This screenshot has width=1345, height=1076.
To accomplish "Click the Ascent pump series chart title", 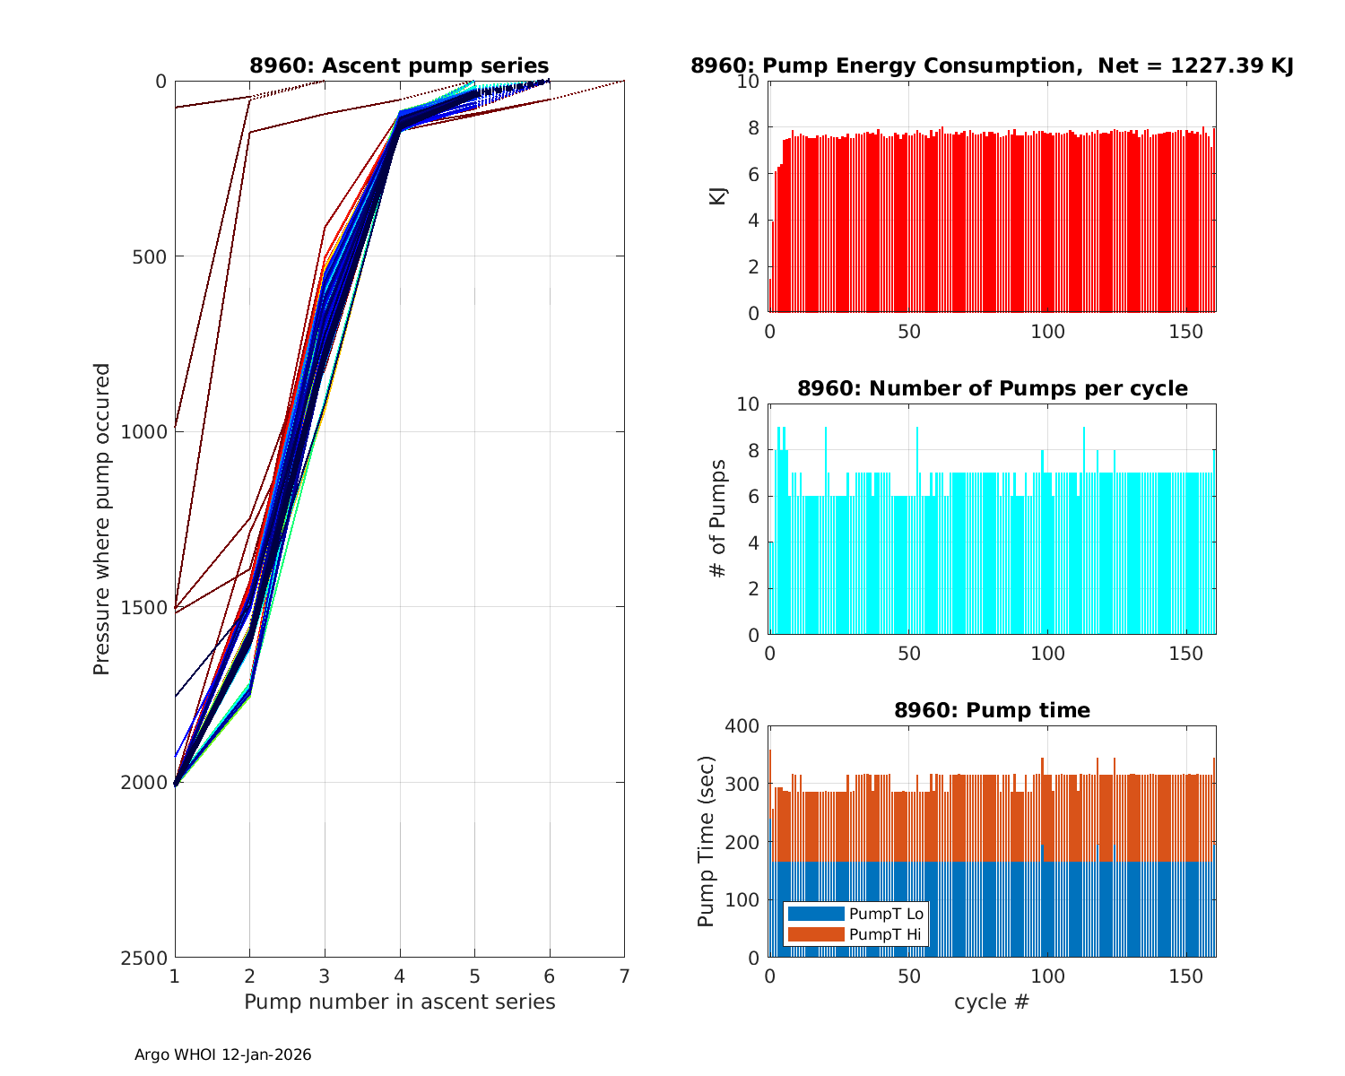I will click(399, 65).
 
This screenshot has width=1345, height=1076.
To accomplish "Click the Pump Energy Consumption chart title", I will click(992, 65).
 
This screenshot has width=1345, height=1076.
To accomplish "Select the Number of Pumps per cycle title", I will click(992, 388).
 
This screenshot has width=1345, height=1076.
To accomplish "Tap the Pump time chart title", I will click(992, 710).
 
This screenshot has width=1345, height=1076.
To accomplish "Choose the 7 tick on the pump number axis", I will click(624, 976).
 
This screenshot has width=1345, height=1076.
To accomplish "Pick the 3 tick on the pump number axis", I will click(325, 976).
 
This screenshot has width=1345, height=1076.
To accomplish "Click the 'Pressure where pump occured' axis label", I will click(101, 519).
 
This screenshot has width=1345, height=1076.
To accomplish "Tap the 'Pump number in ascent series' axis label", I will click(399, 1002).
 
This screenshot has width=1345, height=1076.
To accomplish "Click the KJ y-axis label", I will click(717, 196).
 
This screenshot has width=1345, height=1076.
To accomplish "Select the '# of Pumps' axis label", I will click(717, 519).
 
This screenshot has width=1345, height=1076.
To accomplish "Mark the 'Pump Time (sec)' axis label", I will click(706, 841).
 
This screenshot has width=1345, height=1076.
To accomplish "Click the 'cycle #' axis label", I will click(992, 1002).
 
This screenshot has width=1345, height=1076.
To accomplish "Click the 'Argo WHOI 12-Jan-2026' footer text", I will click(222, 1054).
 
